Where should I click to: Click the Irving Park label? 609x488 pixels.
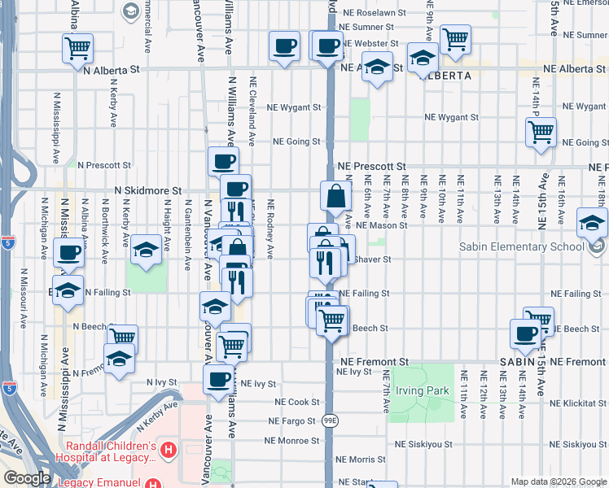coord(423,391)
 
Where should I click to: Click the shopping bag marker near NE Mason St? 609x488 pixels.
coord(336,195)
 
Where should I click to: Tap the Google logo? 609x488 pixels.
coord(27,478)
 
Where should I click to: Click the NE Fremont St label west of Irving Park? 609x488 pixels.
coord(374,361)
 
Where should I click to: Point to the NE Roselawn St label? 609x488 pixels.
coord(375,13)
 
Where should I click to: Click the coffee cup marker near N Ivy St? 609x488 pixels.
coord(218,379)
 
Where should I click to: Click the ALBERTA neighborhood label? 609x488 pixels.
coord(445,76)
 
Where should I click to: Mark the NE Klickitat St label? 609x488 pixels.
coord(578,403)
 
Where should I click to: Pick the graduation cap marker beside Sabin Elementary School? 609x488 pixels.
coord(592,222)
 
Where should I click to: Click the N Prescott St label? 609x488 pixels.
coord(103,165)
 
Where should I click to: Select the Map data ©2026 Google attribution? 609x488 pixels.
coord(558,481)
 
